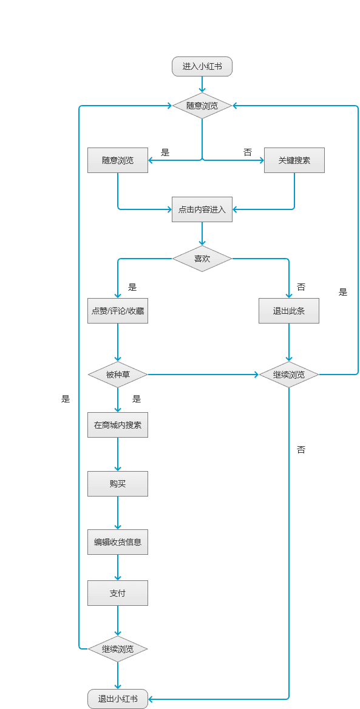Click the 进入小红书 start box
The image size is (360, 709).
click(202, 67)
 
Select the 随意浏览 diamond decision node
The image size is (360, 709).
click(202, 106)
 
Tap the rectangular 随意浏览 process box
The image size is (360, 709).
click(118, 160)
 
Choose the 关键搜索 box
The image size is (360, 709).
click(294, 160)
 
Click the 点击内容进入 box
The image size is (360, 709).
click(202, 209)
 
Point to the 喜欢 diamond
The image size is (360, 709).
click(202, 259)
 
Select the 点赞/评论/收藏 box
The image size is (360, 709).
click(118, 311)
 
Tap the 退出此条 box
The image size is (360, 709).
click(289, 311)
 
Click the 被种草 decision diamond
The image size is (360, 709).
click(118, 375)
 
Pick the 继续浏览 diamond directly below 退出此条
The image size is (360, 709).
click(289, 375)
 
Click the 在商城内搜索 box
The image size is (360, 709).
click(118, 424)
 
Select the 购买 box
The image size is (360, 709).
click(118, 484)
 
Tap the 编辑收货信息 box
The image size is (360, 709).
click(118, 541)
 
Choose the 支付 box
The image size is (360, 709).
click(118, 593)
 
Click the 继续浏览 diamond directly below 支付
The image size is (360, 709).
click(118, 649)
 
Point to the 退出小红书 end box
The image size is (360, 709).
click(118, 699)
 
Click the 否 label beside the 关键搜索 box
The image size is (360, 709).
click(248, 152)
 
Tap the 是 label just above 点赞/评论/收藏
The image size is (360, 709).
click(132, 287)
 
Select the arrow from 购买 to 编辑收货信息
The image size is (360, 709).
click(118, 513)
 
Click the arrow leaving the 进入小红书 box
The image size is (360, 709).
click(202, 84)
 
